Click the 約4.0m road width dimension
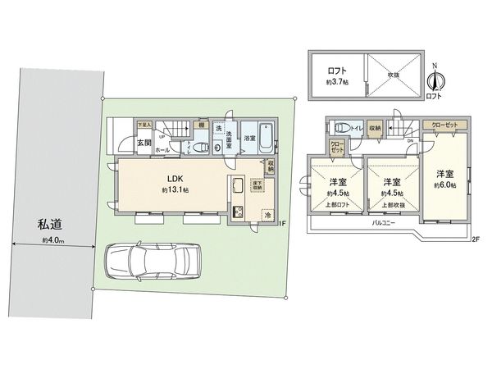[x=54, y=240]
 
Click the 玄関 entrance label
[x=121, y=143]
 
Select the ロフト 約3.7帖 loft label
[x=335, y=76]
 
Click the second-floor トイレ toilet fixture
[x=338, y=128]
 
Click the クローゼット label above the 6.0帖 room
[x=448, y=125]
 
